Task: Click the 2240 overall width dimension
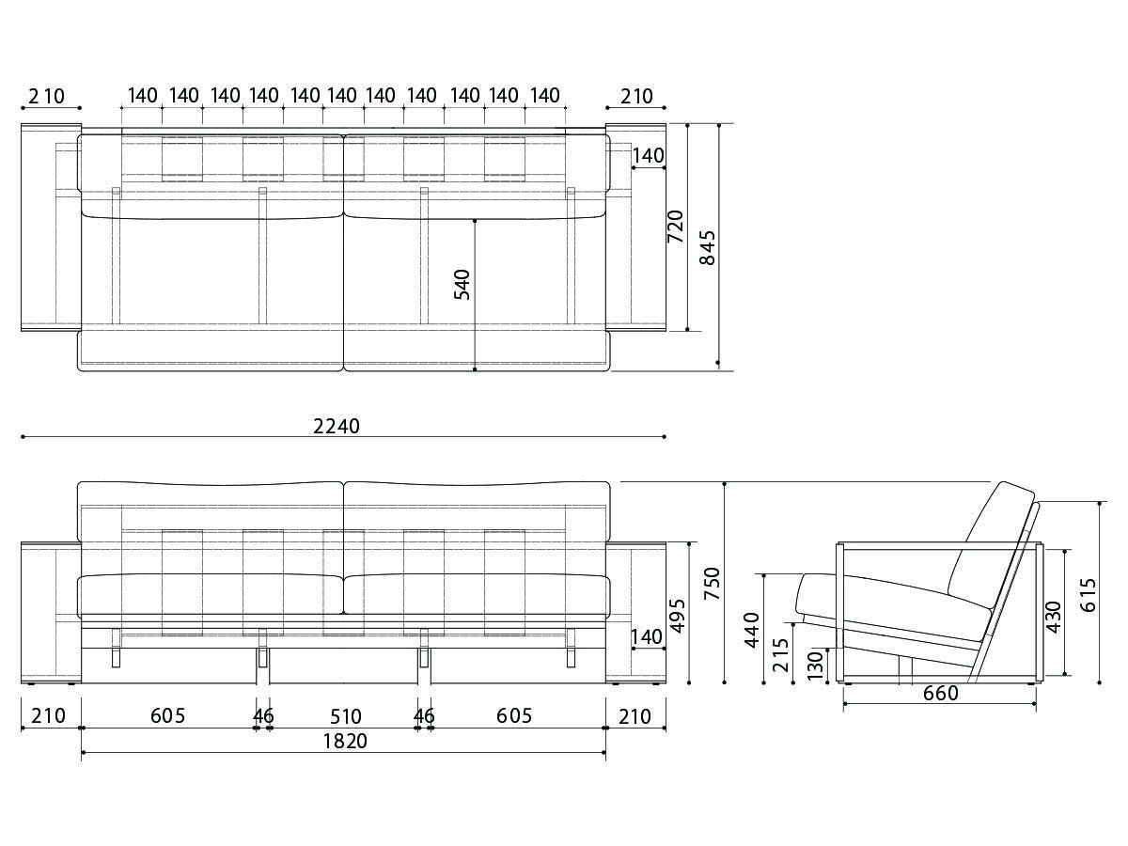pyautogui.click(x=337, y=427)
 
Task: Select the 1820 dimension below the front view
pyautogui.click(x=345, y=742)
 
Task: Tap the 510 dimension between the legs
pyautogui.click(x=346, y=716)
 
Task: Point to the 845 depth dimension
pyautogui.click(x=708, y=247)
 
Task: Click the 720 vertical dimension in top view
pyautogui.click(x=675, y=227)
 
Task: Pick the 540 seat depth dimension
pyautogui.click(x=462, y=285)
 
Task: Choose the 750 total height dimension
pyautogui.click(x=713, y=584)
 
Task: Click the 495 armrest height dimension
pyautogui.click(x=678, y=616)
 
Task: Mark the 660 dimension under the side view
pyautogui.click(x=941, y=694)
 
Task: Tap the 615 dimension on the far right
pyautogui.click(x=1088, y=595)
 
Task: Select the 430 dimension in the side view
pyautogui.click(x=1053, y=617)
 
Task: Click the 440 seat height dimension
pyautogui.click(x=752, y=630)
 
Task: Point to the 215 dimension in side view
pyautogui.click(x=780, y=655)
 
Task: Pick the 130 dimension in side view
pyautogui.click(x=815, y=666)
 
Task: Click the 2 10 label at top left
pyautogui.click(x=47, y=97)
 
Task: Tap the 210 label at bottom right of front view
pyautogui.click(x=635, y=716)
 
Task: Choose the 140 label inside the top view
pyautogui.click(x=648, y=156)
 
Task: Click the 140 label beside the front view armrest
pyautogui.click(x=647, y=637)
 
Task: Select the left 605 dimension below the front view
pyautogui.click(x=167, y=715)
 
